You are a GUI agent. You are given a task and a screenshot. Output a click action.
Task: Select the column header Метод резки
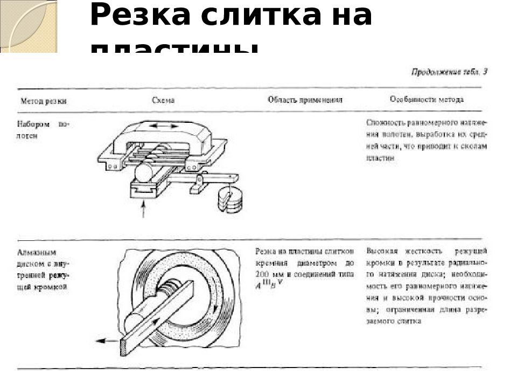click(x=44, y=101)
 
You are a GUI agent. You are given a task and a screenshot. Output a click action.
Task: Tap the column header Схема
click(x=163, y=100)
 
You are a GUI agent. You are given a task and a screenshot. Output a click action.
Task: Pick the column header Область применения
click(x=305, y=100)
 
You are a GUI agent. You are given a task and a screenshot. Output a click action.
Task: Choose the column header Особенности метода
click(x=426, y=99)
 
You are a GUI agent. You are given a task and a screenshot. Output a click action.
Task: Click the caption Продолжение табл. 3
click(x=449, y=72)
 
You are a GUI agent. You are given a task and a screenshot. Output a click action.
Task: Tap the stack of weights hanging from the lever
click(x=230, y=200)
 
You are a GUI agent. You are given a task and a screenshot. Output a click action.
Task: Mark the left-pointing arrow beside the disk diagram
click(x=107, y=341)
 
